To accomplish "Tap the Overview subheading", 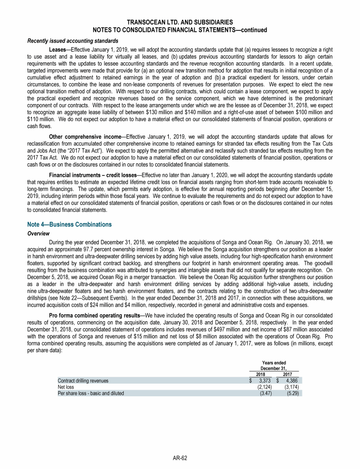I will pyautogui.click(x=39, y=233).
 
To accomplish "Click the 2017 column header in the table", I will pyautogui.click(x=287, y=374).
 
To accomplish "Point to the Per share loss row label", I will pyautogui.click(x=90, y=393).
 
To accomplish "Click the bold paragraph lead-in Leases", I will pyautogui.click(x=58, y=49).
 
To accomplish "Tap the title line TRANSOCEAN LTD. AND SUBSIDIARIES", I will pyautogui.click(x=180, y=22).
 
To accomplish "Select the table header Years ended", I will pyautogui.click(x=274, y=363).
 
